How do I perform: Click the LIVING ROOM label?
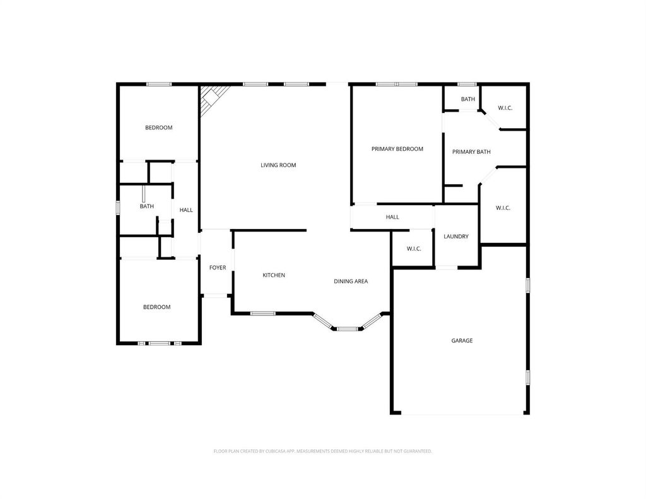pos(278,165)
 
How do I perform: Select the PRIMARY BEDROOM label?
pos(397,149)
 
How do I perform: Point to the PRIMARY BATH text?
pos(471,151)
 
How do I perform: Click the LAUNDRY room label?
pos(456,237)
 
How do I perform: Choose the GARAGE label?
pos(462,341)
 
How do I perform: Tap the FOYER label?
pos(218,268)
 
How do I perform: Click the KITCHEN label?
pos(274,275)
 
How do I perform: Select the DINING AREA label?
pos(351,281)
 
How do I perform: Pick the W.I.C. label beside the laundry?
pos(414,249)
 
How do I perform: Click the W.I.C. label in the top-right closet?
pos(505,108)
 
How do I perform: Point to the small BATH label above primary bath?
pos(467,99)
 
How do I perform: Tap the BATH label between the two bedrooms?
pos(146,206)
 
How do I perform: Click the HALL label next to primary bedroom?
pos(392,217)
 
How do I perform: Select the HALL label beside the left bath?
pos(186,210)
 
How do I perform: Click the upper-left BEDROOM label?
pos(158,127)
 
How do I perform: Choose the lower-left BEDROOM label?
pos(156,307)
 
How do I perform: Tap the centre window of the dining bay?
pos(348,329)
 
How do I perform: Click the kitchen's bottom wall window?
pos(263,314)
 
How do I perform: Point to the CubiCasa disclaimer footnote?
pos(322,451)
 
